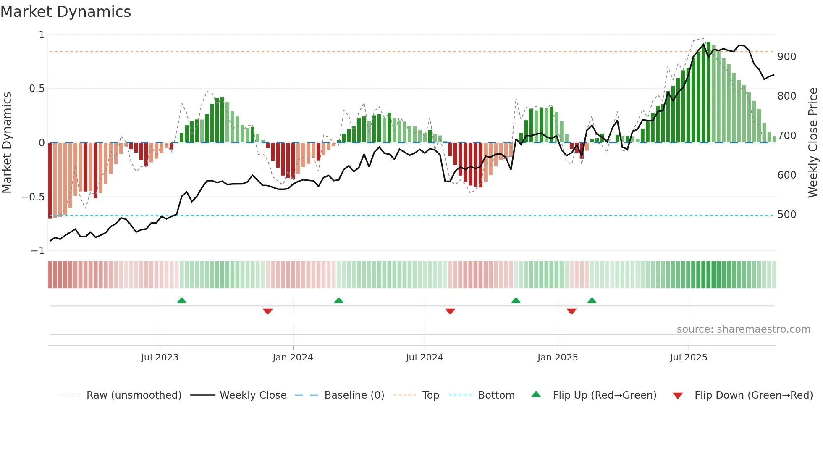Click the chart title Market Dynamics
[x=66, y=12]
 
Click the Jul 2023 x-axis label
[x=160, y=358]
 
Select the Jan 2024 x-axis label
[x=293, y=358]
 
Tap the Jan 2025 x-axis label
[x=558, y=358]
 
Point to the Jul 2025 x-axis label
[x=689, y=358]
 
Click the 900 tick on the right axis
[x=786, y=57]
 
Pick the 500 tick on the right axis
[x=786, y=215]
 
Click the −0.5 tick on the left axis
[x=33, y=197]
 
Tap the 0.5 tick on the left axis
[x=37, y=89]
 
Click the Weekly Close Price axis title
[x=813, y=143]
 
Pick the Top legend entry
[x=430, y=395]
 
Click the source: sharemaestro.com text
[x=743, y=329]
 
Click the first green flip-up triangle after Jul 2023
[x=181, y=301]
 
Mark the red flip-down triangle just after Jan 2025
[x=571, y=311]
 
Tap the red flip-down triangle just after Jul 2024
[x=450, y=311]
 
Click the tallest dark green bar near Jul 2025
[x=708, y=92]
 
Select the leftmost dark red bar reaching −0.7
[x=50, y=181]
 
